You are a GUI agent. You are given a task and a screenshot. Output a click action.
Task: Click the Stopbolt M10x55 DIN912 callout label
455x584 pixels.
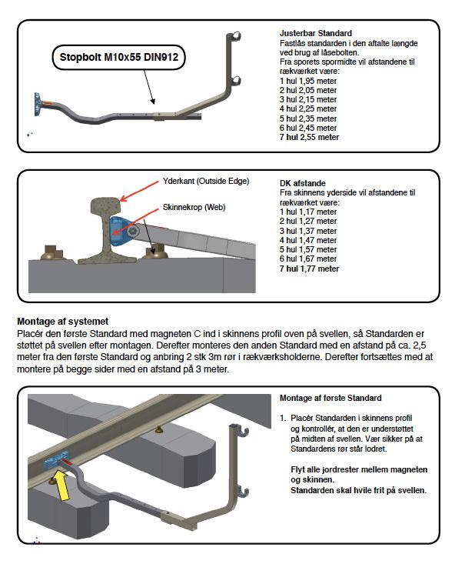pos(118,58)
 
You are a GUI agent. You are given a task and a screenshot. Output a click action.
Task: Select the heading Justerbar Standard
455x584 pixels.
pos(315,33)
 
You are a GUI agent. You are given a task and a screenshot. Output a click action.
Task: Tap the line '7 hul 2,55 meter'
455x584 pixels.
pos(309,137)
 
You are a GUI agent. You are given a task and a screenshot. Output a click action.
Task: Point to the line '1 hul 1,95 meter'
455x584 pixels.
pos(308,81)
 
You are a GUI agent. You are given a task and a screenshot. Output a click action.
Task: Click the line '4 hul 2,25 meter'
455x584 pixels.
pos(308,108)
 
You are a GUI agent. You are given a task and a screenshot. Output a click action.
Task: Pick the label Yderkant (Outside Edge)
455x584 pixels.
pos(206,182)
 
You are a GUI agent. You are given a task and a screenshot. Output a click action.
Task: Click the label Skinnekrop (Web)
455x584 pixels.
pos(194,208)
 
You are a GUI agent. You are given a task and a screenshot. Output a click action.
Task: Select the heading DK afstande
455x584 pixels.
pos(303,183)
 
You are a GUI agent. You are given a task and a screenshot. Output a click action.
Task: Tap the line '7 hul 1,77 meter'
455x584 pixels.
pos(309,269)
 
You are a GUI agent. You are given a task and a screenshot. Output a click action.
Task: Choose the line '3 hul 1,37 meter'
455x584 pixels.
pos(308,231)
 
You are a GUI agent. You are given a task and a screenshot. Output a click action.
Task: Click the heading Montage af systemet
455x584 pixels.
pos(62,322)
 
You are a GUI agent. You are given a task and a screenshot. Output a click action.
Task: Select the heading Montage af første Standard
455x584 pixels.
pos(330,398)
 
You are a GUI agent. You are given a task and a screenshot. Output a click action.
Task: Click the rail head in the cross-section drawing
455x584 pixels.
pos(107,205)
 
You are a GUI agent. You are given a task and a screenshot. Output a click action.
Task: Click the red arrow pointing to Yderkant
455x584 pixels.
pos(139,192)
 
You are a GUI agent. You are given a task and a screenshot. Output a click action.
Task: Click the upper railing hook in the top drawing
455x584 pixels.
pos(235,36)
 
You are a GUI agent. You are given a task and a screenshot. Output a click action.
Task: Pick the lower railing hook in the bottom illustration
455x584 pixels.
pos(242,492)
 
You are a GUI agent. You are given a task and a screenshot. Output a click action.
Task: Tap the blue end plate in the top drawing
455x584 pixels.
pos(38,105)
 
